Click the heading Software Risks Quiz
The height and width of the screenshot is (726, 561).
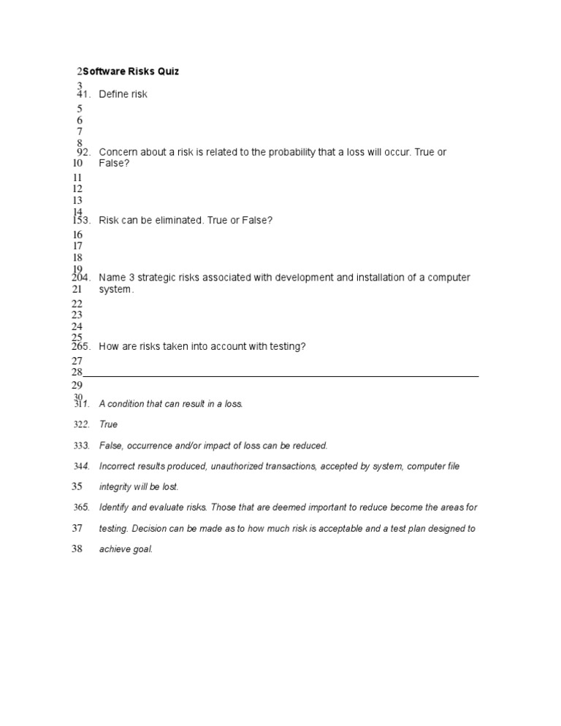(131, 72)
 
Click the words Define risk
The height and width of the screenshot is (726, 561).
(123, 94)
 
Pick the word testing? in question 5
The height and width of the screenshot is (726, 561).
(286, 346)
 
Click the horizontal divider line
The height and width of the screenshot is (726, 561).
(281, 375)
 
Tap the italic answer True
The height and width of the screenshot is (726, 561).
(108, 424)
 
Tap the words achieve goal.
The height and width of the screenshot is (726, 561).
(126, 549)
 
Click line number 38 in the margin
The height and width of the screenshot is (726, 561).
(77, 549)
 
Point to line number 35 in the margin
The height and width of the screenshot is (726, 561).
(77, 486)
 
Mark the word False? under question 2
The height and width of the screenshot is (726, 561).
(114, 163)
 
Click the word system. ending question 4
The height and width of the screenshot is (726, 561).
(117, 289)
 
